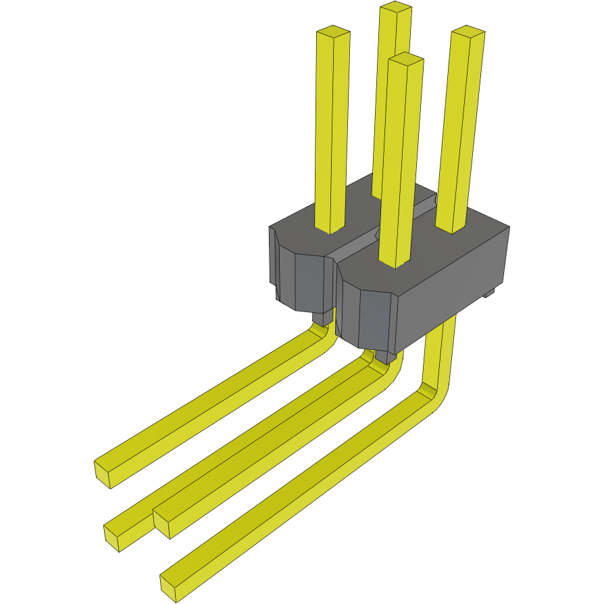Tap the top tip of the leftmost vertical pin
tap(333, 32)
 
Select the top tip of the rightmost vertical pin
tap(468, 32)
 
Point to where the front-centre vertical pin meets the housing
tap(395, 262)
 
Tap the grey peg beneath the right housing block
tap(382, 356)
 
